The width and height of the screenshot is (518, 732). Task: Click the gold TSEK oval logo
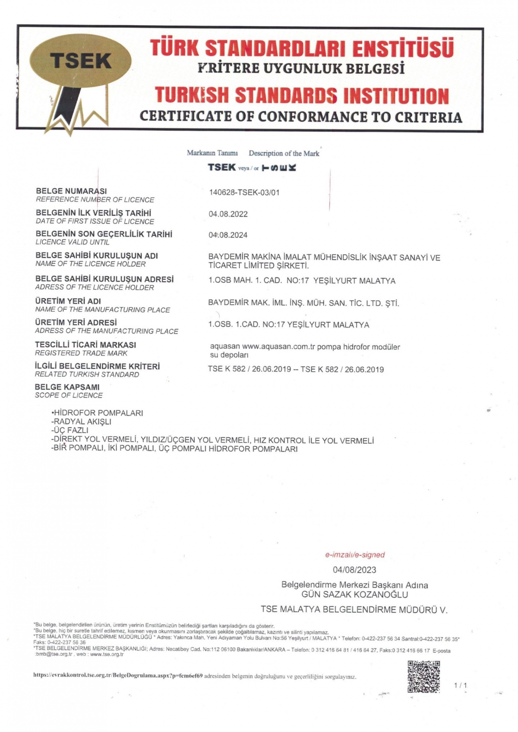(81, 60)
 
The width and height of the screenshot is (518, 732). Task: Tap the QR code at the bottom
(423, 676)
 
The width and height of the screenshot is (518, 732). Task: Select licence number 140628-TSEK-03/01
(244, 192)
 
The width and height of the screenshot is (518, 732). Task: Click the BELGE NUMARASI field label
(71, 191)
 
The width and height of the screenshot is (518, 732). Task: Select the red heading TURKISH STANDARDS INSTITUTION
(302, 95)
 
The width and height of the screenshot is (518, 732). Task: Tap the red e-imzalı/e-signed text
(354, 555)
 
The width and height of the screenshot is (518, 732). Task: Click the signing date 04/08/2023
(354, 570)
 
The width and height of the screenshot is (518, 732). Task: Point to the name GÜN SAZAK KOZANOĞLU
(354, 594)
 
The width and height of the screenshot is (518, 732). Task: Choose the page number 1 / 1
(461, 685)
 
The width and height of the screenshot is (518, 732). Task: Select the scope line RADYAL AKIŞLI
(82, 422)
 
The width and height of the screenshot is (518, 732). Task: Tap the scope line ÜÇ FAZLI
(70, 430)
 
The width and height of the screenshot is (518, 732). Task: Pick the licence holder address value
(302, 281)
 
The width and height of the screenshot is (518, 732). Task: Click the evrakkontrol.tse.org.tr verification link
(118, 676)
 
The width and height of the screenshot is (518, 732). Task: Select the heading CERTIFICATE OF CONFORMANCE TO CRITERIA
(301, 117)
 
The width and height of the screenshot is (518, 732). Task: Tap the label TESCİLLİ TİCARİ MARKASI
(85, 345)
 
